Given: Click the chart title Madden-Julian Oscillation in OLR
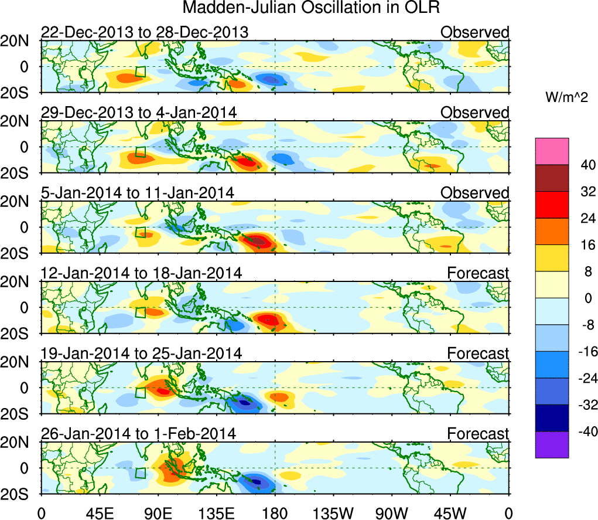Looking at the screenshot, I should pyautogui.click(x=311, y=8).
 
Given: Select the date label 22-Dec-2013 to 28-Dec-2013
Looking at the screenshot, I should pyautogui.click(x=144, y=32).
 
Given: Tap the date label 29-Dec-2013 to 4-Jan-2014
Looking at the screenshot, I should pyautogui.click(x=139, y=113).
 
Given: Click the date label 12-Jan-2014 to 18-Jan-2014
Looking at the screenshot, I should pyautogui.click(x=141, y=273).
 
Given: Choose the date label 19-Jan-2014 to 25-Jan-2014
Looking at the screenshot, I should pyautogui.click(x=141, y=354).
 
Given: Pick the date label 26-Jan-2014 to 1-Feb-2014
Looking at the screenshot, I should pyautogui.click(x=138, y=434).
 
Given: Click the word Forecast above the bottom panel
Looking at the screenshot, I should pyautogui.click(x=479, y=434).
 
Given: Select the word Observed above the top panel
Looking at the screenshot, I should pyautogui.click(x=475, y=32).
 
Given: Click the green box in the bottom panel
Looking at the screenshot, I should pyautogui.click(x=140, y=473).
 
